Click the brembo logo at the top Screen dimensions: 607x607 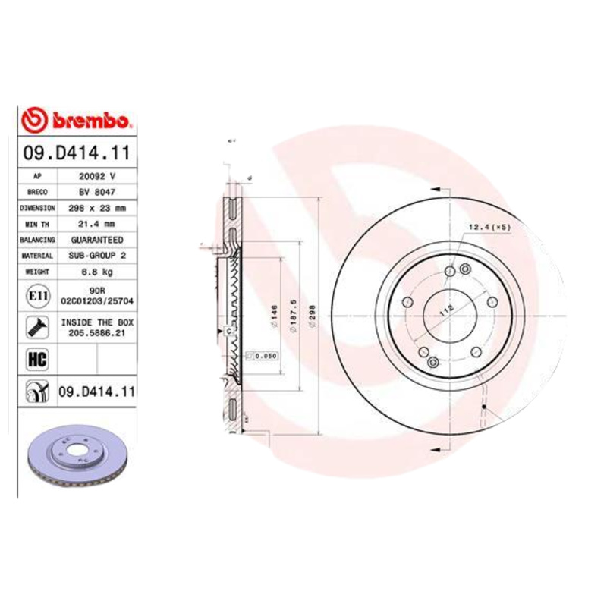tap(77, 120)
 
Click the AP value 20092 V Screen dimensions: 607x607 tap(96, 176)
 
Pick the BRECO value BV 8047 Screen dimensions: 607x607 tap(96, 192)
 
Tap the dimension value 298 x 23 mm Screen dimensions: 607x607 tap(96, 208)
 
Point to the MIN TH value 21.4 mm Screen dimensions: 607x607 tap(96, 224)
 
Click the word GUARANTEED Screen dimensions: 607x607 tap(96, 240)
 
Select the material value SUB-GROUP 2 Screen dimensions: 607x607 tap(96, 256)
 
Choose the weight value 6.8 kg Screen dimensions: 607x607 tap(96, 272)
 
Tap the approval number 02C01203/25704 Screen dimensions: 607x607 tap(96, 300)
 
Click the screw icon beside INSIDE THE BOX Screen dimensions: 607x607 tap(36, 327)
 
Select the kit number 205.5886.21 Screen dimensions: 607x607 tap(96, 332)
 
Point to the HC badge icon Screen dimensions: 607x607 tap(36, 359)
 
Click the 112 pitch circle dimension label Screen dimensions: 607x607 tap(446, 310)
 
